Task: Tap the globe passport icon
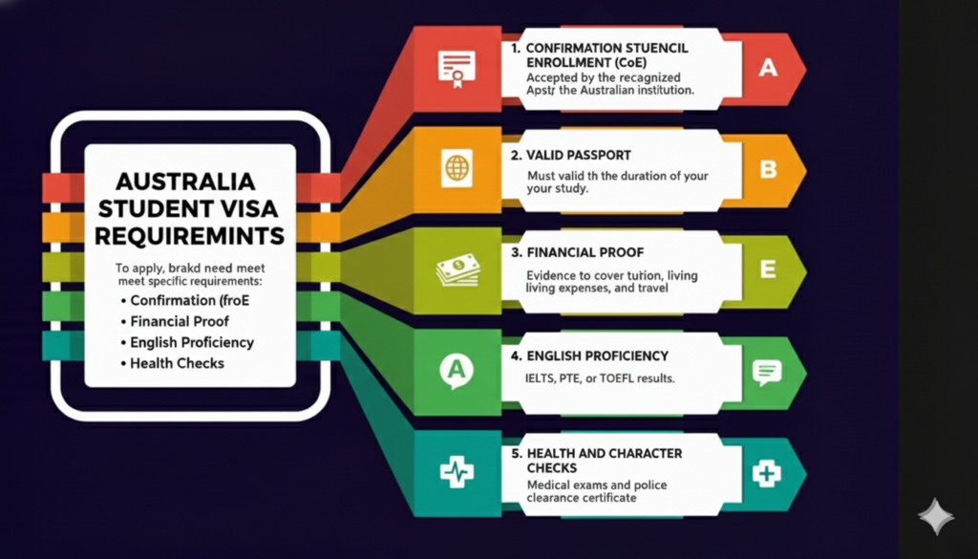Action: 457,169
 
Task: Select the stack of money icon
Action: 457,269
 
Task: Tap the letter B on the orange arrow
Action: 768,169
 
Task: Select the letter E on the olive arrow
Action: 768,269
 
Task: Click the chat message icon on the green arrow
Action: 767,371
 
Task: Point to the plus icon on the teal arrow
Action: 767,472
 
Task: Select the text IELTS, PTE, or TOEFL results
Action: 600,378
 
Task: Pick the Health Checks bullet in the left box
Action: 177,363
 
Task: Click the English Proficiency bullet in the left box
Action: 192,342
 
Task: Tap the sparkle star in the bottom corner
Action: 935,516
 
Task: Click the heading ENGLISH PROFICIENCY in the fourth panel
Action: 597,355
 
